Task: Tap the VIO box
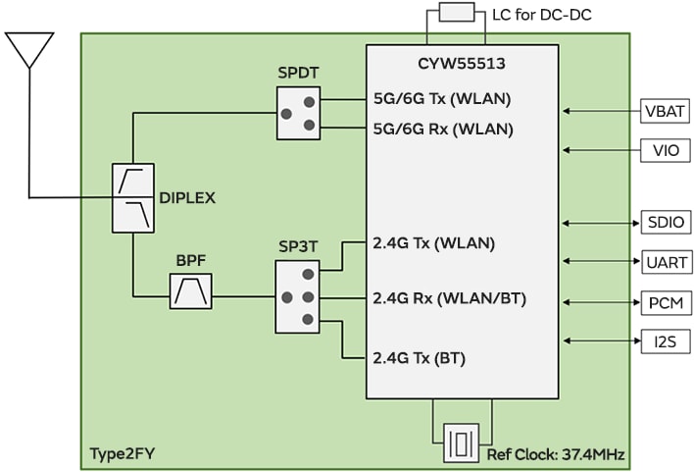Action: (x=666, y=150)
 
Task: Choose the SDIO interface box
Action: (x=666, y=222)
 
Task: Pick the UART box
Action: (x=666, y=262)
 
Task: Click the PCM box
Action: (x=666, y=302)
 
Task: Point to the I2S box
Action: (x=666, y=341)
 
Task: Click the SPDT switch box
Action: (x=298, y=113)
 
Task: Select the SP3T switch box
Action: (x=298, y=295)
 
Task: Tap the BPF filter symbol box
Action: (x=190, y=290)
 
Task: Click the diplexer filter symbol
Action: (x=133, y=197)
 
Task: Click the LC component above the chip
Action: (x=457, y=13)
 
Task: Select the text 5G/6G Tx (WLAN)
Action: (x=442, y=98)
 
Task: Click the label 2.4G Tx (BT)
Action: (x=419, y=358)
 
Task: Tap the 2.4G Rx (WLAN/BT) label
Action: (x=450, y=298)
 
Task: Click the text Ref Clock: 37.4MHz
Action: (x=556, y=454)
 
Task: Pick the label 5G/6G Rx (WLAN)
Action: (x=443, y=128)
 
